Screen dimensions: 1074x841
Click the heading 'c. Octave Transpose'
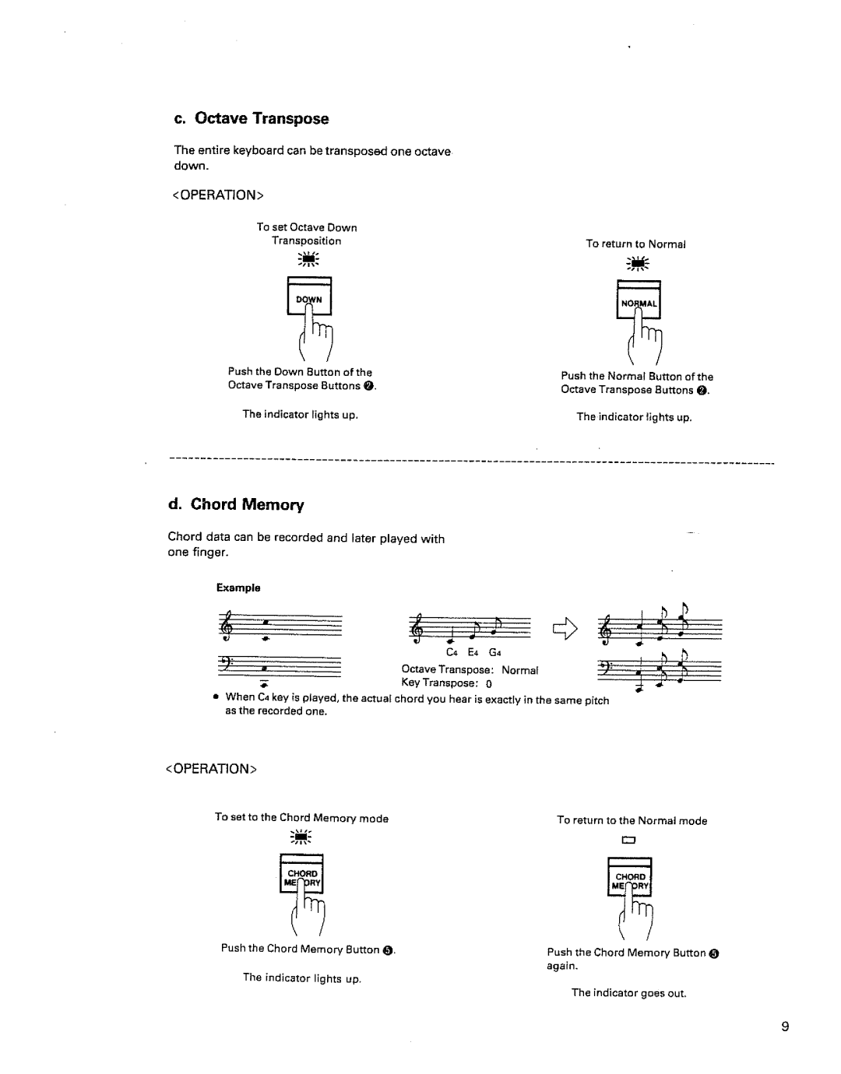(251, 119)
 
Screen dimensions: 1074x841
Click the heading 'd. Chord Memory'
(237, 504)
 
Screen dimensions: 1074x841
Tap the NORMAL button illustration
(639, 302)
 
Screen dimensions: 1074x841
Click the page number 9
(786, 1027)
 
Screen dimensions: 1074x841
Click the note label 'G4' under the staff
(494, 652)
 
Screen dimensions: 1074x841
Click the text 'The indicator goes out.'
(628, 993)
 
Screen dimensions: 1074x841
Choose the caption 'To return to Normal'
(635, 244)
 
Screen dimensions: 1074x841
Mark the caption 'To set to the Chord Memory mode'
(301, 818)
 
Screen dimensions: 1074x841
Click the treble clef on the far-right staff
(605, 629)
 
